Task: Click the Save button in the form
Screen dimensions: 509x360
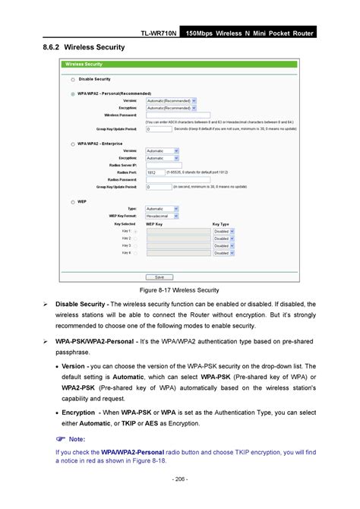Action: [x=182, y=277]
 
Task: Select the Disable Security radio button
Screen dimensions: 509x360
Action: [x=73, y=79]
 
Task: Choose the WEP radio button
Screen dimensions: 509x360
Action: [x=73, y=202]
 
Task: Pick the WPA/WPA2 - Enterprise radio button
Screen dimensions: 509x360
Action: [x=73, y=143]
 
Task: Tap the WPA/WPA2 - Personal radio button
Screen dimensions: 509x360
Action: [x=73, y=93]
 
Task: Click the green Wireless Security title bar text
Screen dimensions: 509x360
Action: [x=84, y=65]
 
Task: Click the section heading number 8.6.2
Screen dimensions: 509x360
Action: [x=46, y=47]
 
